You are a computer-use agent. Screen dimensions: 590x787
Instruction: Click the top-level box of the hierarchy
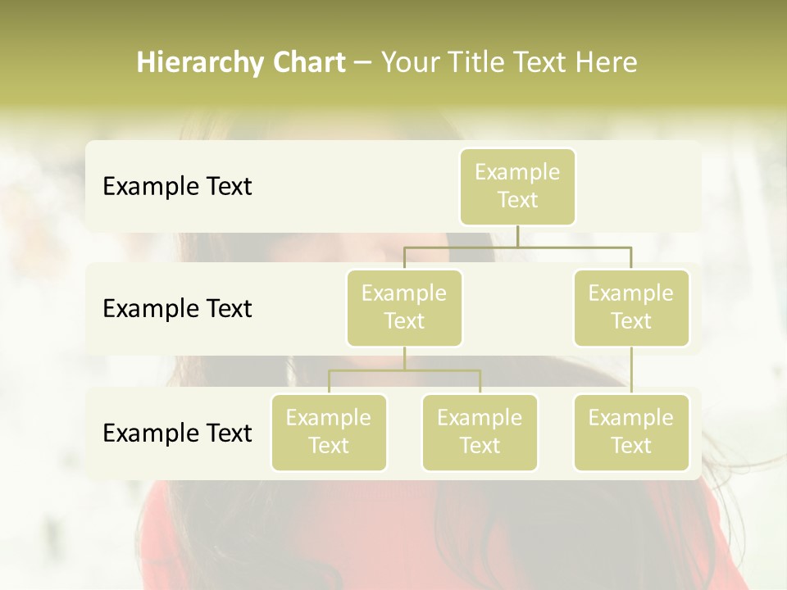pyautogui.click(x=517, y=186)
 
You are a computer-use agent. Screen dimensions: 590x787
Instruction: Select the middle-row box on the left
pyautogui.click(x=404, y=307)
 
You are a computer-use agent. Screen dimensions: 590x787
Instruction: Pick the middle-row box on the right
pyautogui.click(x=631, y=307)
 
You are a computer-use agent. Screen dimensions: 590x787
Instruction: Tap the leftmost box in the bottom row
pyautogui.click(x=329, y=432)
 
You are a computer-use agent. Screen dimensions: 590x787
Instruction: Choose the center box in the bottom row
pyautogui.click(x=480, y=432)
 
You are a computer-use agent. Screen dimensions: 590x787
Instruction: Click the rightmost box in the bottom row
pyautogui.click(x=631, y=432)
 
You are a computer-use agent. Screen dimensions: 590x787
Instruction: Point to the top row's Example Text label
pyautogui.click(x=177, y=186)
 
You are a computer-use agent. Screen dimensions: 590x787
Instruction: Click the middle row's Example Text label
pyautogui.click(x=177, y=308)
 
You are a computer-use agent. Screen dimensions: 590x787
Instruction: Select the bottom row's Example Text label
pyautogui.click(x=177, y=433)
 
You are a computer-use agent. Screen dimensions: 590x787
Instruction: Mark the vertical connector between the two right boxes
pyautogui.click(x=631, y=370)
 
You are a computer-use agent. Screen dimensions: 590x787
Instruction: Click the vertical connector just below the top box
pyautogui.click(x=517, y=236)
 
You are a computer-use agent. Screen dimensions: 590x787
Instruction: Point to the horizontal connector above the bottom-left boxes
pyautogui.click(x=404, y=370)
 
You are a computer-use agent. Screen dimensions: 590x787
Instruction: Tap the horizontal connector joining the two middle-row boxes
pyautogui.click(x=517, y=247)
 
